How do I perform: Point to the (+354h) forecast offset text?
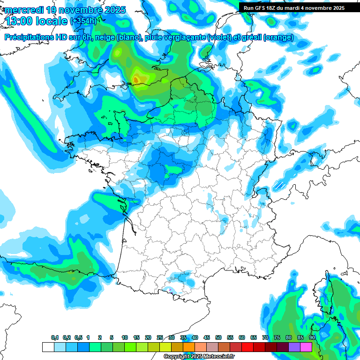pyautogui.click(x=83, y=21)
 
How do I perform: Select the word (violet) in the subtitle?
pyautogui.click(x=219, y=37)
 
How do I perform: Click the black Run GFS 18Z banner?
pyautogui.click(x=294, y=7)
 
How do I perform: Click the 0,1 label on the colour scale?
pyautogui.click(x=54, y=338)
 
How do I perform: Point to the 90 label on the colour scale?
pyautogui.click(x=312, y=338)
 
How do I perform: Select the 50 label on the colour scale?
pyautogui.click(x=218, y=338)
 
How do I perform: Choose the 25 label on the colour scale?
pyautogui.click(x=160, y=338)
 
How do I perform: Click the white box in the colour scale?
pyautogui.click(x=48, y=347)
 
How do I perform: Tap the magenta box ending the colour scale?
pyautogui.click(x=306, y=347)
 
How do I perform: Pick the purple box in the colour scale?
pyautogui.click(x=294, y=347)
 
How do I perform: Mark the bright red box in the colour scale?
pyautogui.click(x=247, y=347)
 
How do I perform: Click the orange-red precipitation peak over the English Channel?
pyautogui.click(x=136, y=80)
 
